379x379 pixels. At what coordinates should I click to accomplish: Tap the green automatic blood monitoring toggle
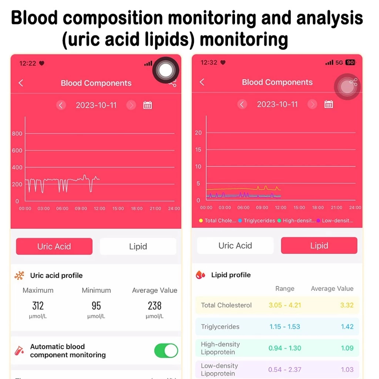click(166, 351)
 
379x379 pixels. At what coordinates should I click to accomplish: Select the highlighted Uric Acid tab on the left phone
click(54, 246)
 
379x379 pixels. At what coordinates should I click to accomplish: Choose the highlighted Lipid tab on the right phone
click(319, 245)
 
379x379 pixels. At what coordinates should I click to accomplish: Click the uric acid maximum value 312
click(38, 306)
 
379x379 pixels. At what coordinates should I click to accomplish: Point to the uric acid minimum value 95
click(96, 306)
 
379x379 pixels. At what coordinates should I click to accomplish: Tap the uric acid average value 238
click(154, 306)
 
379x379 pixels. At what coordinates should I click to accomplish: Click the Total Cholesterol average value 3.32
click(347, 305)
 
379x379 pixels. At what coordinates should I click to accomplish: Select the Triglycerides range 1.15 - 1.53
click(284, 327)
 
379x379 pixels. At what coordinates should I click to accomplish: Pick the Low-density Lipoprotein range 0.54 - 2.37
click(284, 369)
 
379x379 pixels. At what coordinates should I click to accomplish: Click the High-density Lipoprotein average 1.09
click(347, 348)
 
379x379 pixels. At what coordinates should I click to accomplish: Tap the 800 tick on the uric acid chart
click(17, 134)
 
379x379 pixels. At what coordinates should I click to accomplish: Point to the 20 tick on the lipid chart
click(198, 133)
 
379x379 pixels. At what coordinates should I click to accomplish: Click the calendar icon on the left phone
click(148, 105)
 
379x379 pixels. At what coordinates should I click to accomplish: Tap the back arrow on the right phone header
click(202, 82)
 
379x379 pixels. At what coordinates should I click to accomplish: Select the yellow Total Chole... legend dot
click(201, 221)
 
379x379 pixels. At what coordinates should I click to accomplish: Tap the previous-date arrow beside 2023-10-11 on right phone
click(242, 104)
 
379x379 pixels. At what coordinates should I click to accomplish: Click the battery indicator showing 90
click(350, 63)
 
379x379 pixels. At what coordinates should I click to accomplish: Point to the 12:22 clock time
click(28, 63)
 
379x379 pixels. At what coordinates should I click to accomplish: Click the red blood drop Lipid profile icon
click(200, 275)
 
